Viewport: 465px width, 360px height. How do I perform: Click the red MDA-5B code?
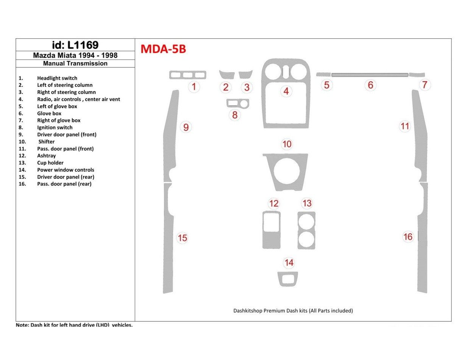pos(163,49)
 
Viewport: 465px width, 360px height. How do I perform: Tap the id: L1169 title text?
pos(75,45)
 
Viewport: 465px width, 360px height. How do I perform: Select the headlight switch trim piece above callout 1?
pos(187,75)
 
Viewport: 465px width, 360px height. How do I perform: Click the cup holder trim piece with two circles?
pos(306,230)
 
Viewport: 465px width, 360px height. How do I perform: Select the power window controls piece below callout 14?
pos(287,279)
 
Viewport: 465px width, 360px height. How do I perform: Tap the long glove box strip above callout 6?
pos(370,75)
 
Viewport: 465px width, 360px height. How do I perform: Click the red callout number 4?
pos(286,91)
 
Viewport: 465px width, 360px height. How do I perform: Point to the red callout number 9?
pos(186,127)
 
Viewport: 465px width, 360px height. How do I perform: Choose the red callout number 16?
pos(408,237)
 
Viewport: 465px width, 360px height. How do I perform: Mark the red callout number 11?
pos(405,126)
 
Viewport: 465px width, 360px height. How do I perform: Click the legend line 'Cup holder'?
pos(50,163)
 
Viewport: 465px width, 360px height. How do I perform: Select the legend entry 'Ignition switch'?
pos(55,128)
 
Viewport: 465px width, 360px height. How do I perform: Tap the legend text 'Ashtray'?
pos(46,156)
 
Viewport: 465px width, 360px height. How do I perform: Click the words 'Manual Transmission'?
pos(75,64)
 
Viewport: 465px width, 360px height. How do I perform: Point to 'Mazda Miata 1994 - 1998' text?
pos(75,55)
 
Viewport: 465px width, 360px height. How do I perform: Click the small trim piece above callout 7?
pos(417,75)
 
